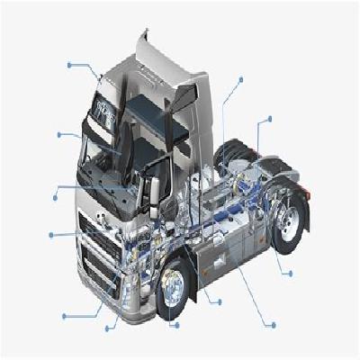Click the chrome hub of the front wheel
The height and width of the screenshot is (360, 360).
tap(173, 287)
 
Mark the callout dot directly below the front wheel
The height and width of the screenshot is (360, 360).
tap(174, 324)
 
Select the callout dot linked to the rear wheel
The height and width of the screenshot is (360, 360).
tap(290, 272)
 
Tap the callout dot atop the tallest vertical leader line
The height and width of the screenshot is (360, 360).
tap(240, 79)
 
